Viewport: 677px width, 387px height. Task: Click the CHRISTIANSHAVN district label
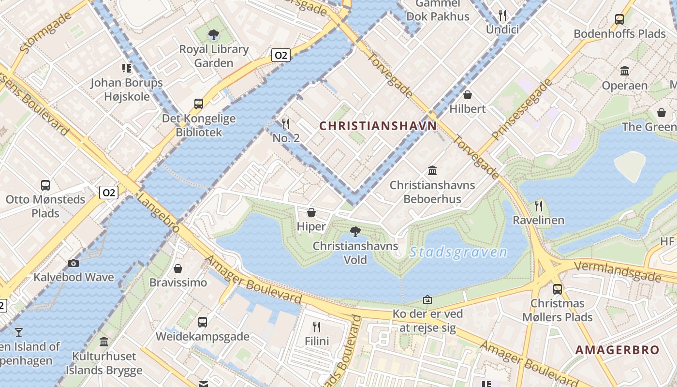click(378, 126)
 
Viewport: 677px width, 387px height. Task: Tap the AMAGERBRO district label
click(618, 350)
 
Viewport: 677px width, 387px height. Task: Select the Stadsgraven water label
click(458, 252)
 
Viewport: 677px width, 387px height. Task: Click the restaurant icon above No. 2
click(286, 123)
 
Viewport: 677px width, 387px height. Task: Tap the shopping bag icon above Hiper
click(311, 212)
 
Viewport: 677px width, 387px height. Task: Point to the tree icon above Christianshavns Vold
click(355, 231)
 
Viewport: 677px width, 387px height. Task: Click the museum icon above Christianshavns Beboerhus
click(432, 170)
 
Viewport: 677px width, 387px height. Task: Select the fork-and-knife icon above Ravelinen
click(539, 206)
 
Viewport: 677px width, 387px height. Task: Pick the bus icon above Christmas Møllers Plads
click(557, 289)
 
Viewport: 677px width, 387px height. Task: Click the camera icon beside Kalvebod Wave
click(74, 263)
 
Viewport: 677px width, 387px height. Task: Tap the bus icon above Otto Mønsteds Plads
click(45, 185)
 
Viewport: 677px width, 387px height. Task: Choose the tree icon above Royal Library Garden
click(213, 35)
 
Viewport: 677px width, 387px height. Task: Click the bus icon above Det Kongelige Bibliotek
click(199, 104)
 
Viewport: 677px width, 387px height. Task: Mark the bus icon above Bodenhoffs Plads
click(619, 19)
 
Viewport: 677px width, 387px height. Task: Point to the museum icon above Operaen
click(625, 71)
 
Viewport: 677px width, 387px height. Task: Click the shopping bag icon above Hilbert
click(468, 94)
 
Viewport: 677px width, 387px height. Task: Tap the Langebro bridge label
click(158, 213)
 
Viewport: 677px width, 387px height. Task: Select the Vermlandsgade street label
click(618, 271)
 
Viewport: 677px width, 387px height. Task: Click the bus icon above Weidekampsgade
click(203, 322)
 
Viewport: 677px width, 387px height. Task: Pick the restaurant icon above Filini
click(317, 327)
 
